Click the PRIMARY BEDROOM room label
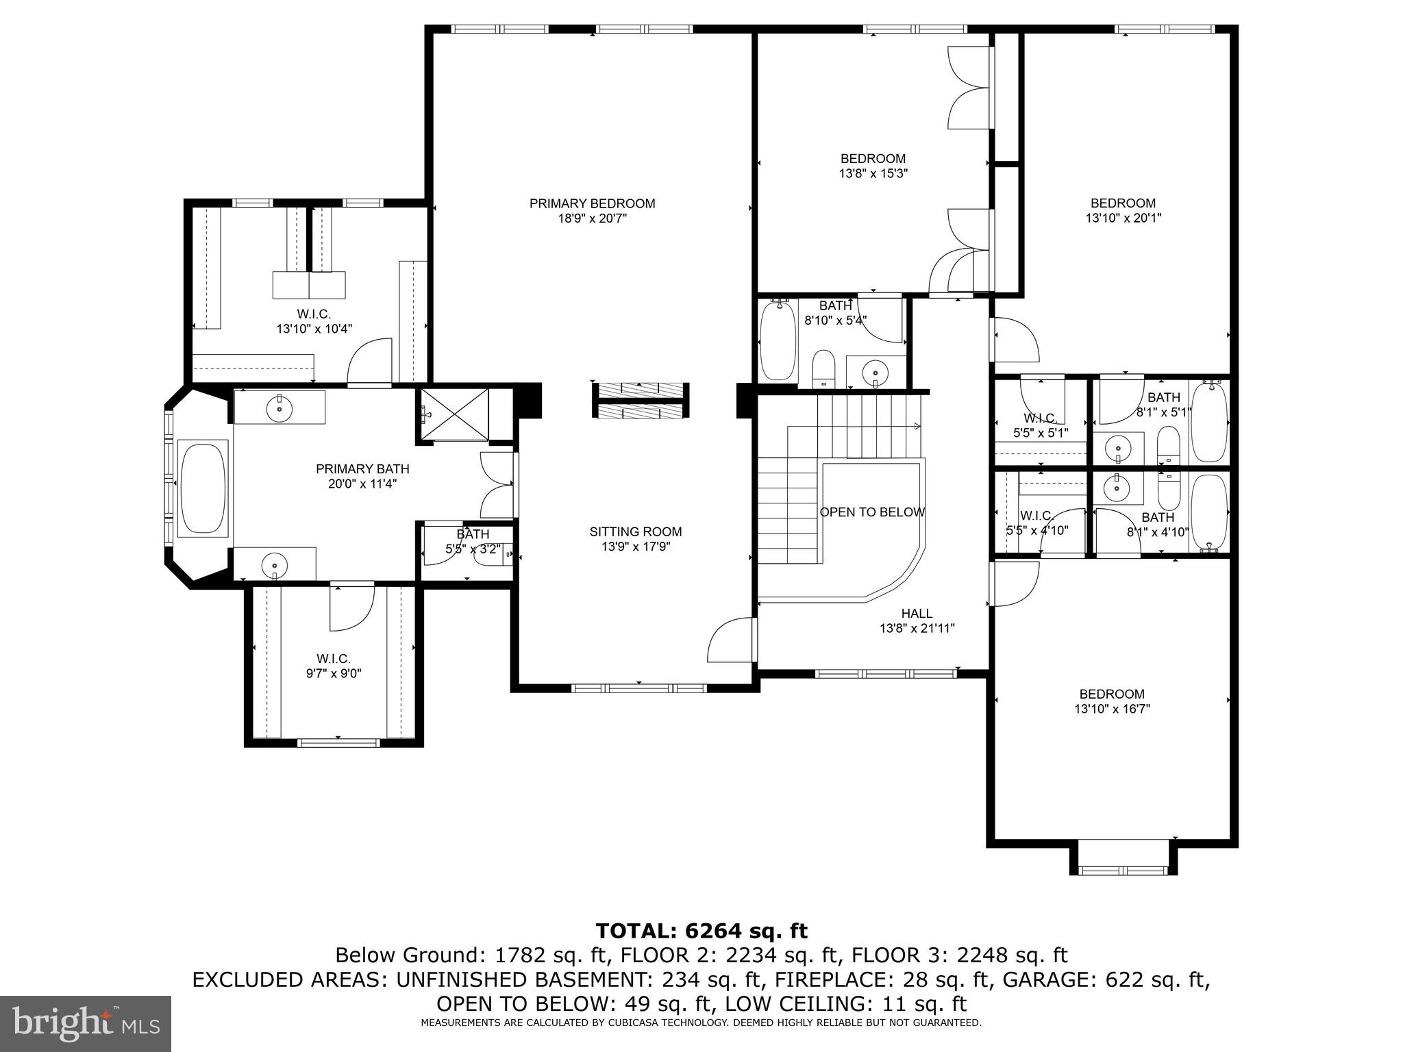pos(592,203)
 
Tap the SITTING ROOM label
pos(635,531)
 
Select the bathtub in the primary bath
pos(202,487)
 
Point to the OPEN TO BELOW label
pos(872,512)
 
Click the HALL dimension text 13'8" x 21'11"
pos(917,628)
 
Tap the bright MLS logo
pos(86,1024)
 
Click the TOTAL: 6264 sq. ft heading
pos(701,931)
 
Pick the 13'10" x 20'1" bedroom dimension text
pos(1123,218)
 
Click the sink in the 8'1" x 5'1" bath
pos(1117,449)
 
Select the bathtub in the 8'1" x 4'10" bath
pos(1209,512)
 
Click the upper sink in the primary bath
pos(280,408)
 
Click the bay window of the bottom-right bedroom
pos(1123,871)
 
